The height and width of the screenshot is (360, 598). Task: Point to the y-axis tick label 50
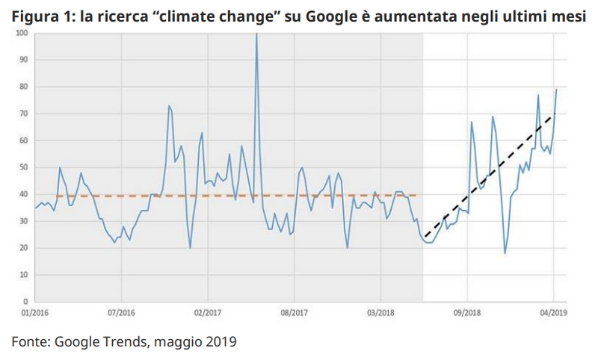pos(24,167)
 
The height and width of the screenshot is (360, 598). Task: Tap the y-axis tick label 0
pos(25,302)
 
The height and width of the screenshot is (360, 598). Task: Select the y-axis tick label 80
pos(24,87)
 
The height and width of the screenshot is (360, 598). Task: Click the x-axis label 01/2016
pos(34,314)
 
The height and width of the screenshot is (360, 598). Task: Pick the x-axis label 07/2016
pos(121,314)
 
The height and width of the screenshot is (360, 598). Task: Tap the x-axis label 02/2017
pos(208,314)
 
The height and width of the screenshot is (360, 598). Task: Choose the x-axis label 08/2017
pos(295,314)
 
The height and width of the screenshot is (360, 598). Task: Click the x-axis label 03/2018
pos(381,314)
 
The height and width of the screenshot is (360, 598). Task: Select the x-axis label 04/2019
pos(553,314)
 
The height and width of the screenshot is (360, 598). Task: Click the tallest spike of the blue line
pos(257,34)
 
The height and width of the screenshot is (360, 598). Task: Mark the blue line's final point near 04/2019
pos(556,90)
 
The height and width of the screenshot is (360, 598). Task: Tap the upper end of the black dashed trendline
pos(555,114)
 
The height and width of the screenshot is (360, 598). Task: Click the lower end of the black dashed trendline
pos(425,237)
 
